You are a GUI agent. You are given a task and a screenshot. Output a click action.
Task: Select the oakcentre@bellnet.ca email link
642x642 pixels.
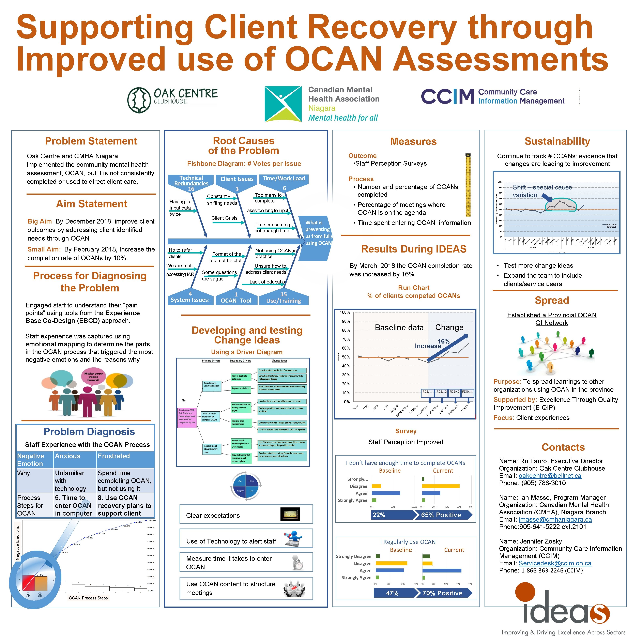[550, 476]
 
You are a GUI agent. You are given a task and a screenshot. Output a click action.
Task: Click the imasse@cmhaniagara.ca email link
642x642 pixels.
[555, 519]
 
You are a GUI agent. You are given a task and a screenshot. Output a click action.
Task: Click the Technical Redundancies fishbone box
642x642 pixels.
[191, 183]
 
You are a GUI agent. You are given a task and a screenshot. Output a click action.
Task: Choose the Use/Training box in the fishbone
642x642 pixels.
[284, 298]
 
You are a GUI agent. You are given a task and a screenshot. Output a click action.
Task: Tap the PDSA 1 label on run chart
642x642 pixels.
[427, 392]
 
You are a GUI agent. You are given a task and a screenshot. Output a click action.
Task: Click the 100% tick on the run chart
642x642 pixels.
[345, 312]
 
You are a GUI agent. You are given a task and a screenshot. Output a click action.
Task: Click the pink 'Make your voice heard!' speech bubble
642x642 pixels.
[93, 377]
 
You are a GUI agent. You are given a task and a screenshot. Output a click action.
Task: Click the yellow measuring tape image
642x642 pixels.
[468, 185]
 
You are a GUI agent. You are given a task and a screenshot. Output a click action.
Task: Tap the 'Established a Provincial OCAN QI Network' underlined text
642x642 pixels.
[552, 319]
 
